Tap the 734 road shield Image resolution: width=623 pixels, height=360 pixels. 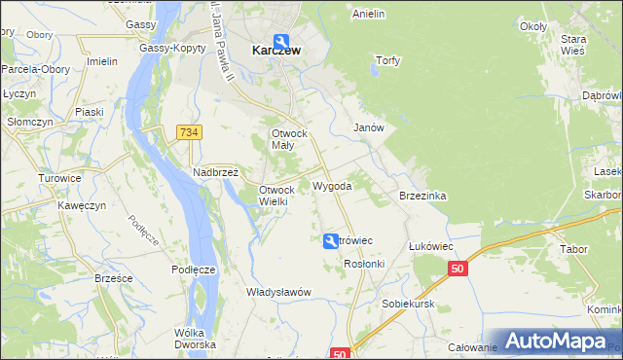pyautogui.click(x=189, y=131)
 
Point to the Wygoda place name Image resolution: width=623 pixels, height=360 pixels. pyautogui.click(x=332, y=185)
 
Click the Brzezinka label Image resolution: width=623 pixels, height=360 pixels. pyautogui.click(x=422, y=196)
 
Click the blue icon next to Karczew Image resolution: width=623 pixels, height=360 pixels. pyautogui.click(x=281, y=41)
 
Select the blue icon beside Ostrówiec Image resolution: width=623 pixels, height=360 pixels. pyautogui.click(x=332, y=241)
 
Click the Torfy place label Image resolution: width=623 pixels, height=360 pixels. pyautogui.click(x=388, y=59)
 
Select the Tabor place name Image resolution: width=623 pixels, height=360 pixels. pyautogui.click(x=573, y=249)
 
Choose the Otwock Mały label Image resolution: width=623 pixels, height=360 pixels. pyautogui.click(x=289, y=138)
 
